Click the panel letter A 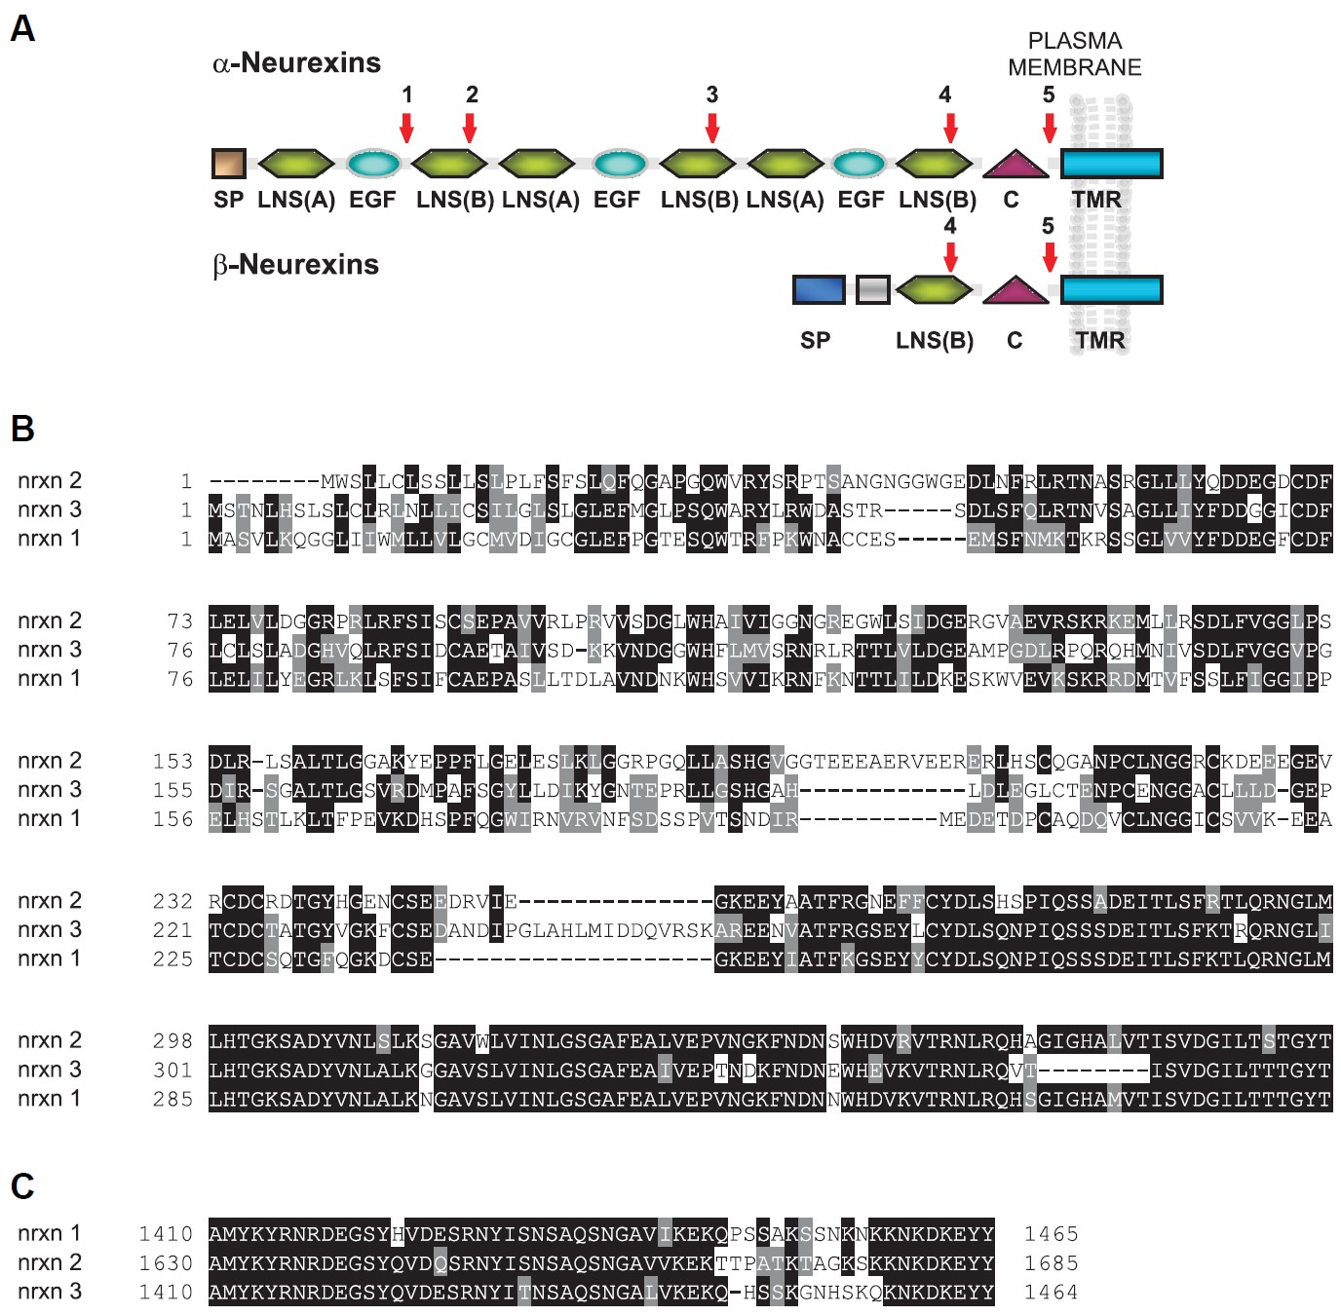click(22, 29)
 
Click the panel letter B click(22, 429)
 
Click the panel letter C click(22, 1186)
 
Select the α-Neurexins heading click(296, 63)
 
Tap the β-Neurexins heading click(295, 265)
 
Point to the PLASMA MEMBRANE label click(1074, 54)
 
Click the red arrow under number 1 click(406, 128)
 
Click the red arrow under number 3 click(712, 128)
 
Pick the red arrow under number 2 click(470, 128)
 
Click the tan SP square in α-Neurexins click(229, 164)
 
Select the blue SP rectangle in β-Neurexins click(819, 289)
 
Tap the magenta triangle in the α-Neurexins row click(1015, 164)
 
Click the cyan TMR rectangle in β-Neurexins click(1111, 289)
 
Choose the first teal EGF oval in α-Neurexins click(373, 164)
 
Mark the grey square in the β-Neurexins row click(872, 289)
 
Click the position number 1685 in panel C click(1051, 1263)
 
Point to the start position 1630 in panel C click(166, 1263)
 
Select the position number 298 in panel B click(172, 1041)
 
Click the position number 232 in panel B click(172, 901)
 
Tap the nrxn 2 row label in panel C click(50, 1262)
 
